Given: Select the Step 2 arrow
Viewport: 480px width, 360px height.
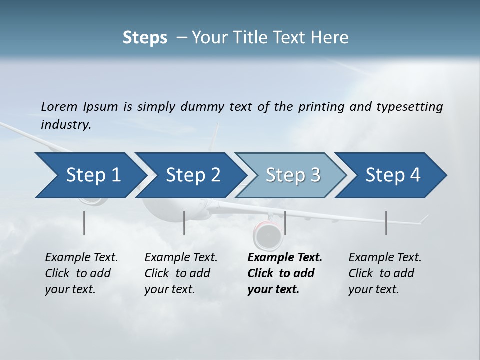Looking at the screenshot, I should (190, 175).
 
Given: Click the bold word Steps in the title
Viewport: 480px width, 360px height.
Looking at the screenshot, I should (145, 37).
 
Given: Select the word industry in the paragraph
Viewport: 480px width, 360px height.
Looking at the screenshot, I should (66, 124).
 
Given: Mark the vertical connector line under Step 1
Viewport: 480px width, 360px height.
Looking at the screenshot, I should (84, 223).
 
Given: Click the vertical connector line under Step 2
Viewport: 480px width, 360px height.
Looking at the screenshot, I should (184, 223).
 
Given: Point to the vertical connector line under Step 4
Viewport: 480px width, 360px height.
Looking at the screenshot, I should (386, 223).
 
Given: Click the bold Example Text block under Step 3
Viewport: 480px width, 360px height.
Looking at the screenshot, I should (284, 273).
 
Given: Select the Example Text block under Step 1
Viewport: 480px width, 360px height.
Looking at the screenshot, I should (81, 273).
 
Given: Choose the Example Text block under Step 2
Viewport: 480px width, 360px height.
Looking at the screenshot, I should (181, 273).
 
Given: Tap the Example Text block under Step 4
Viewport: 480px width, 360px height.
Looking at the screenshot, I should (385, 273).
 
